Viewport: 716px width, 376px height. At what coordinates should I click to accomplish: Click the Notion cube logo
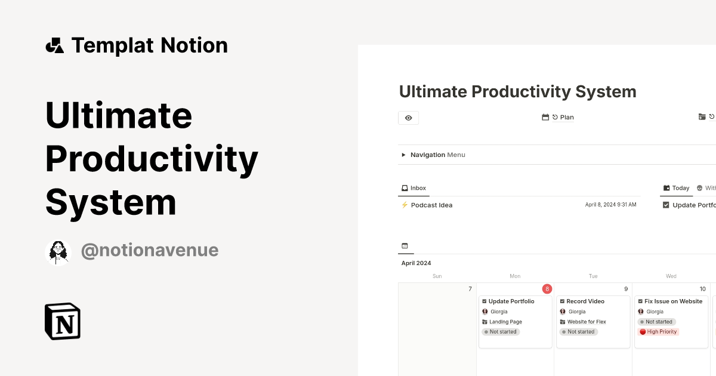click(x=63, y=321)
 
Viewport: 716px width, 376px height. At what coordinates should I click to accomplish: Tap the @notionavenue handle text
click(x=149, y=250)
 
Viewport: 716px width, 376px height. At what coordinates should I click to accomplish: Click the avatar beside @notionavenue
click(x=58, y=252)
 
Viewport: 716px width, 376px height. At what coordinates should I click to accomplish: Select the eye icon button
click(x=408, y=118)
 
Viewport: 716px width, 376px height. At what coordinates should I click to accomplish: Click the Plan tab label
click(x=566, y=118)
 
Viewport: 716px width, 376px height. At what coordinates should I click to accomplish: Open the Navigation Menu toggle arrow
click(x=404, y=155)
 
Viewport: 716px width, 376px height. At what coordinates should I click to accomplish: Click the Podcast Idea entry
click(x=431, y=205)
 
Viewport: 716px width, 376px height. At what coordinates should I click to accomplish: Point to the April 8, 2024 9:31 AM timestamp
click(x=610, y=205)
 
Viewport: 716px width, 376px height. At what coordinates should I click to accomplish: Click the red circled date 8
click(x=547, y=289)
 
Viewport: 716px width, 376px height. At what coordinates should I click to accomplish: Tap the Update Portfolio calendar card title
click(x=511, y=301)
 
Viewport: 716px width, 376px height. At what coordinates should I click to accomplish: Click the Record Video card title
click(x=585, y=301)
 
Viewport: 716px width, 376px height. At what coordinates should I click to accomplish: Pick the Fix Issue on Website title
click(x=673, y=301)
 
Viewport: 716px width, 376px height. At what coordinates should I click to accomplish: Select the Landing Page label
click(x=505, y=322)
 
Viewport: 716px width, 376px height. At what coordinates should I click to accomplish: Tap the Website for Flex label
click(x=587, y=322)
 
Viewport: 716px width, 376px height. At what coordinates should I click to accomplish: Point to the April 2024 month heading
click(x=416, y=263)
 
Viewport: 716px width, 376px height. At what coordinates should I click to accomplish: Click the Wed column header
click(x=671, y=276)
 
